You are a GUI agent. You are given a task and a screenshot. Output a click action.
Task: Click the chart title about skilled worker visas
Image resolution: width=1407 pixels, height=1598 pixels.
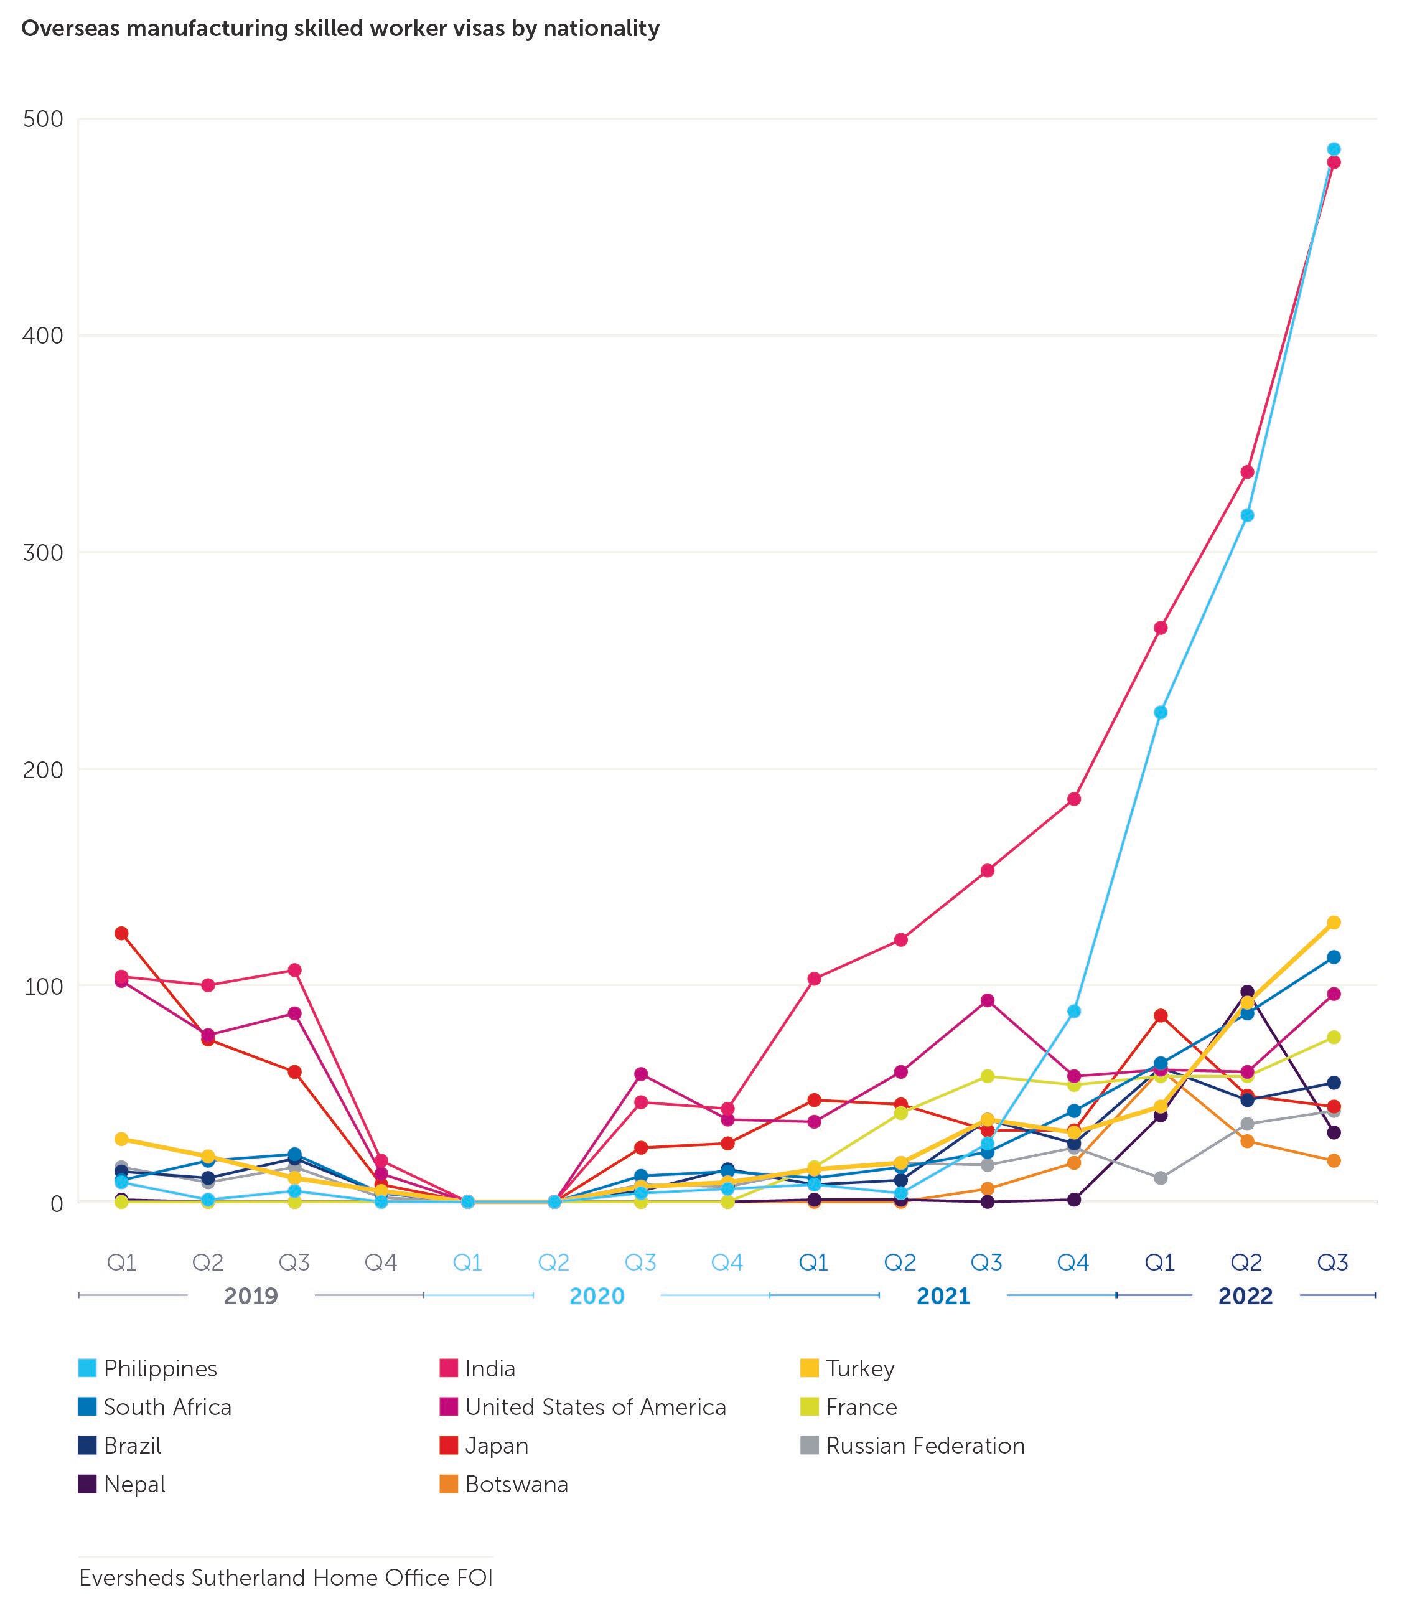tap(340, 29)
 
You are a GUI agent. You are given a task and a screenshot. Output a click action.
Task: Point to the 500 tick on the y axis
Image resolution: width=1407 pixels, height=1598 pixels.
tap(43, 120)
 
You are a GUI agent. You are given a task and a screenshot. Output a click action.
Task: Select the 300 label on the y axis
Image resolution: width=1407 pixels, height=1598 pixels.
tap(43, 553)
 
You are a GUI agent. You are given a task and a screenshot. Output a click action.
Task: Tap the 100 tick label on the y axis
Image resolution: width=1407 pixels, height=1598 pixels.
tap(43, 986)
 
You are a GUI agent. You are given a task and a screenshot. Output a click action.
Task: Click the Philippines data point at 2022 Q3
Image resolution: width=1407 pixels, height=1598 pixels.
tap(1334, 149)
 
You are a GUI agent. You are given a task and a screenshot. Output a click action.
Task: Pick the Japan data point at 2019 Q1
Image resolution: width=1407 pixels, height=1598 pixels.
tap(121, 934)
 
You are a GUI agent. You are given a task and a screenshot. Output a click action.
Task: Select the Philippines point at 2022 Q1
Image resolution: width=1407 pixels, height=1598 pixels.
tap(1161, 712)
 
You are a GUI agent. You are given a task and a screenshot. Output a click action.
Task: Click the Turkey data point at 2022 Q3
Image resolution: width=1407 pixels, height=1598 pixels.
tap(1334, 923)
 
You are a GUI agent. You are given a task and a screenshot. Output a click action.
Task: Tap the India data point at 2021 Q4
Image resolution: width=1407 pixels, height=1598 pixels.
tap(1074, 799)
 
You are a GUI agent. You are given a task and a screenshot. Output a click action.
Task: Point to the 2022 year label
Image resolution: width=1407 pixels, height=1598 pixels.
tap(1246, 1296)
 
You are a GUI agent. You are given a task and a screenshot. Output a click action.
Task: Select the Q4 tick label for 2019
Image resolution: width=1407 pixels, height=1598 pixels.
tap(381, 1262)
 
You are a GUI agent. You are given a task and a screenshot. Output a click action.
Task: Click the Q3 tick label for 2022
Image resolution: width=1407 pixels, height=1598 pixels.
tap(1334, 1262)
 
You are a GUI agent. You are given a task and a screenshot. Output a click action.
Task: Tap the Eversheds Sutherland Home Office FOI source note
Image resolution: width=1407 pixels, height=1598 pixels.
tap(286, 1577)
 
